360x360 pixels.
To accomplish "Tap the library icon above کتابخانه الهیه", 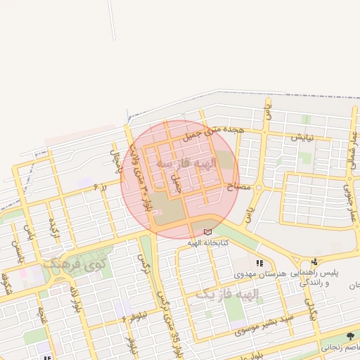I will click(207, 232).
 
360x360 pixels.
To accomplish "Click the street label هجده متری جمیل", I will click(219, 129).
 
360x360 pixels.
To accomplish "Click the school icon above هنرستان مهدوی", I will click(259, 264).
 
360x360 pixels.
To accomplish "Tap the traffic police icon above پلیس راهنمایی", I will click(314, 262).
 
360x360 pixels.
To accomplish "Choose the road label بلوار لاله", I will click(73, 300).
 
